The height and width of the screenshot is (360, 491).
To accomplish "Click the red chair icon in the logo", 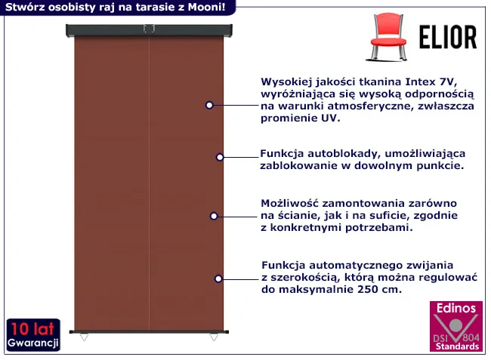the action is (388, 36).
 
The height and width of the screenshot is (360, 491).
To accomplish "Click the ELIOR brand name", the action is (448, 38).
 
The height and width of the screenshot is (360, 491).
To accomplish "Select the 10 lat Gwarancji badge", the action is (33, 335).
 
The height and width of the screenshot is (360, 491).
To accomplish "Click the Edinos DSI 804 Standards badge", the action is (456, 326).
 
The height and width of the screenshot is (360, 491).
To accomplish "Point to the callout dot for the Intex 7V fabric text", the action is (209, 105).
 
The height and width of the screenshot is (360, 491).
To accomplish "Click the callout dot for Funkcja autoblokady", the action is (220, 157).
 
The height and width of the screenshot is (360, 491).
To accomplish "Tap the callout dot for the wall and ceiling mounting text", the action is (214, 216).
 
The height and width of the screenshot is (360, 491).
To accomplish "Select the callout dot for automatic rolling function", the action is (218, 278).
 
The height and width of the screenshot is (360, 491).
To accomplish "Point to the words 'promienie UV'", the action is (300, 118).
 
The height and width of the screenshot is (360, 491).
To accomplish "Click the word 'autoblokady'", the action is (344, 153).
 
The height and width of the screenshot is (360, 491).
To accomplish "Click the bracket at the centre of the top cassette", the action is (149, 29).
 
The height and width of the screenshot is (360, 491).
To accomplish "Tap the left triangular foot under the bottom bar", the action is (84, 337).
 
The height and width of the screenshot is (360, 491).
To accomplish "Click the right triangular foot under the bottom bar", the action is (214, 337).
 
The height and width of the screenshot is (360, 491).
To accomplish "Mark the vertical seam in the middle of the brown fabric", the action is (150, 183).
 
